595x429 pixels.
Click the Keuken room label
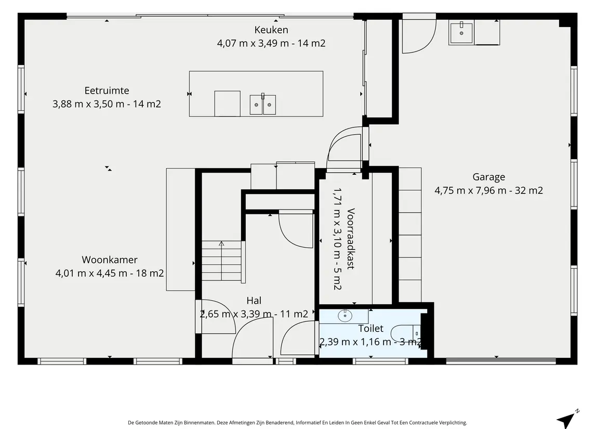coord(271,30)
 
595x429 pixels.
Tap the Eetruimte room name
coord(107,90)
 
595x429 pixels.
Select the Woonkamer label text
coord(110,259)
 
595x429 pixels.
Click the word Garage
coord(489,177)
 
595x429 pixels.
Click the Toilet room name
coord(371,329)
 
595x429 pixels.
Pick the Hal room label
coord(254,301)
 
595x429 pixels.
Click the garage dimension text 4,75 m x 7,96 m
coord(470,190)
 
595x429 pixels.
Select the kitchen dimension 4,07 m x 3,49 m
coord(253,43)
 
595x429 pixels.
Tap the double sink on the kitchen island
coord(262,105)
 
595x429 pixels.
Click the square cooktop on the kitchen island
coord(227,103)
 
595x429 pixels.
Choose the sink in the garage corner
coord(461,32)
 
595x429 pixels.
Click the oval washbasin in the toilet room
coord(345,316)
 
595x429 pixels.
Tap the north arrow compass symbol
coord(567,419)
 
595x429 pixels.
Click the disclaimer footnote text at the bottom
coord(297,423)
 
